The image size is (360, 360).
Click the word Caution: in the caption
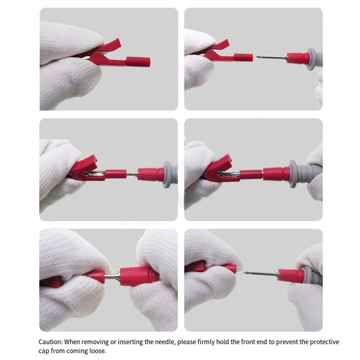tap(50, 342)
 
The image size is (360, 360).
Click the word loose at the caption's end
tap(98, 351)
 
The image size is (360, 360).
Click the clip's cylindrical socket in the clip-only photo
tap(138, 62)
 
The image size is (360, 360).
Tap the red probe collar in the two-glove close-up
tap(139, 276)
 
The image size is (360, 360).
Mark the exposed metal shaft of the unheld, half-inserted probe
tap(132, 174)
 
